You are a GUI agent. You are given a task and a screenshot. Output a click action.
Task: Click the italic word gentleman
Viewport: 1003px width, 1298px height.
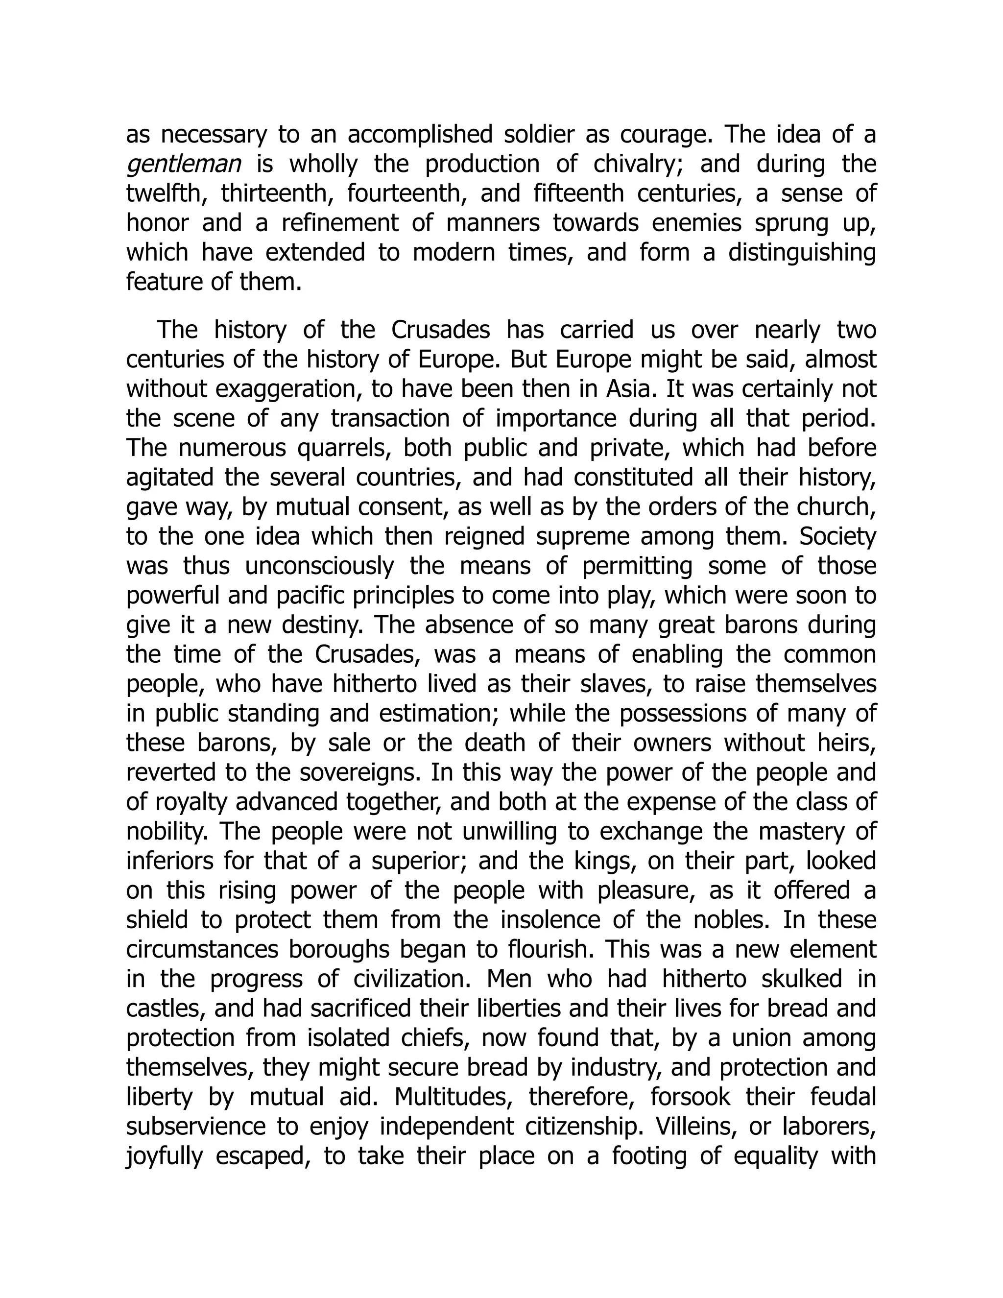tap(184, 165)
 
